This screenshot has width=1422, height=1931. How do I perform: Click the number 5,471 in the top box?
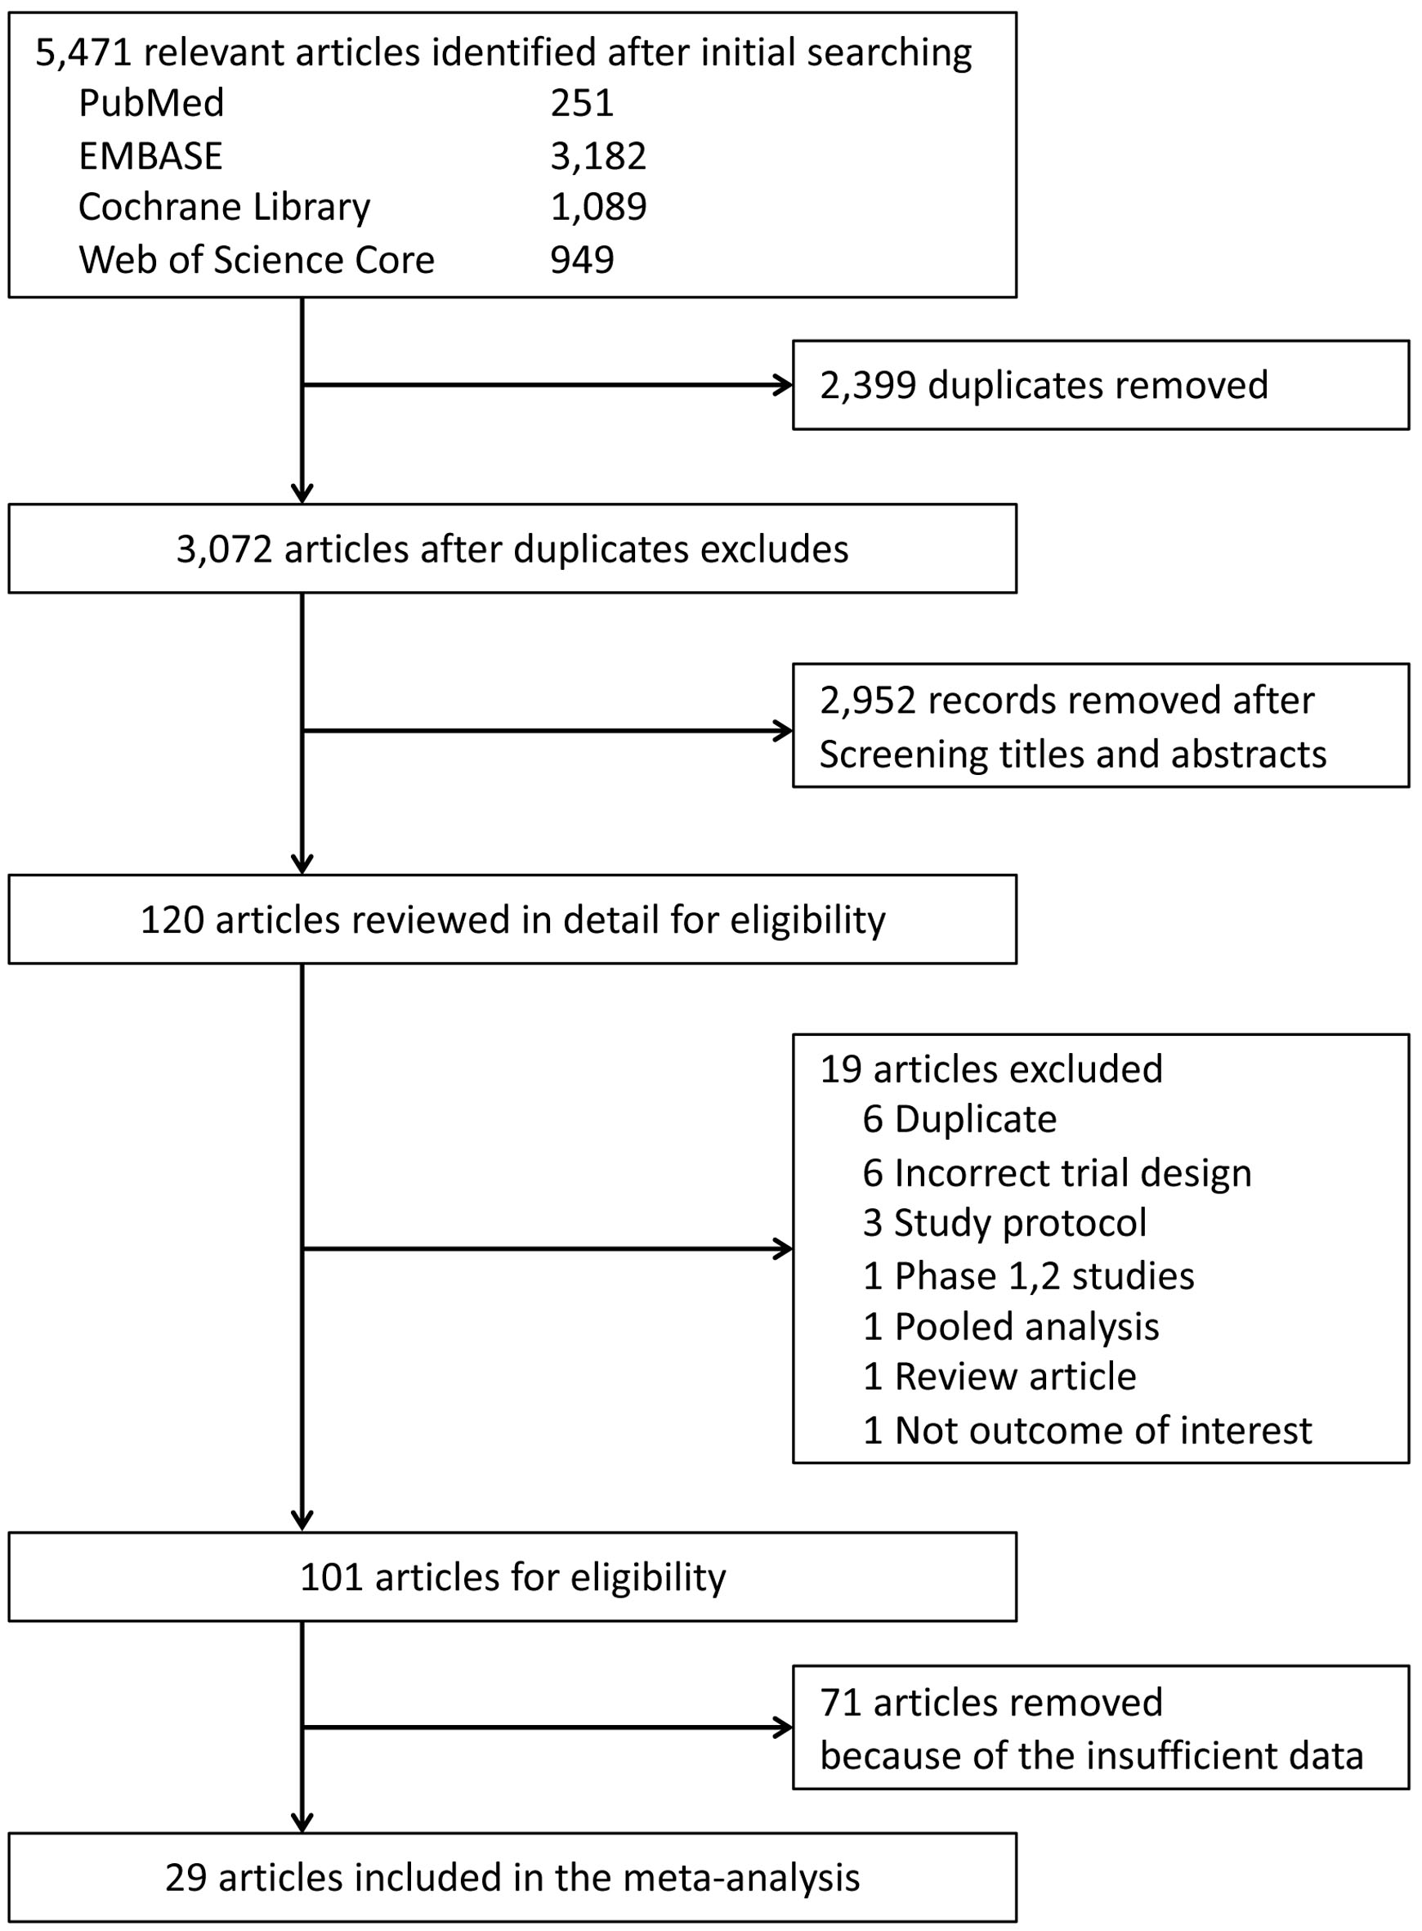[x=83, y=53]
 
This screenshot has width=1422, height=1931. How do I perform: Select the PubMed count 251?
[x=583, y=104]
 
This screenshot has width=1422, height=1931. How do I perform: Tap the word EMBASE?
[x=150, y=157]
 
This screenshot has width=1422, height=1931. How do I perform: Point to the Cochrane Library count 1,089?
[x=599, y=208]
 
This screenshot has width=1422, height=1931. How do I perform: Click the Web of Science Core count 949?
[x=583, y=260]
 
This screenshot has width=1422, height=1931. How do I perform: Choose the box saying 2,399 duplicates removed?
[x=1101, y=385]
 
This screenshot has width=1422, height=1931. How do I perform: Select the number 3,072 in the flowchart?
[x=224, y=550]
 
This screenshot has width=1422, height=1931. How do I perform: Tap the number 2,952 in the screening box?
[x=868, y=701]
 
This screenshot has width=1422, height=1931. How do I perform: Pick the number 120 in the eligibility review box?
[x=172, y=921]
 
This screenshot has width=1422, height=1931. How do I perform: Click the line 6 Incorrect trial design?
[x=1058, y=1173]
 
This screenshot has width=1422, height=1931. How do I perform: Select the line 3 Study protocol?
[x=1005, y=1223]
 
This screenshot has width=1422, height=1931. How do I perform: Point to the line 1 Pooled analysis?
[x=1012, y=1327]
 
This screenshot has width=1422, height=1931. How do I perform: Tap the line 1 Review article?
[x=1000, y=1377]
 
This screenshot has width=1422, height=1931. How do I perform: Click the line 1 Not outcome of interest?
[x=1088, y=1431]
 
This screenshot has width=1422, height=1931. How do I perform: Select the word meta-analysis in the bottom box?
[x=741, y=1878]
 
